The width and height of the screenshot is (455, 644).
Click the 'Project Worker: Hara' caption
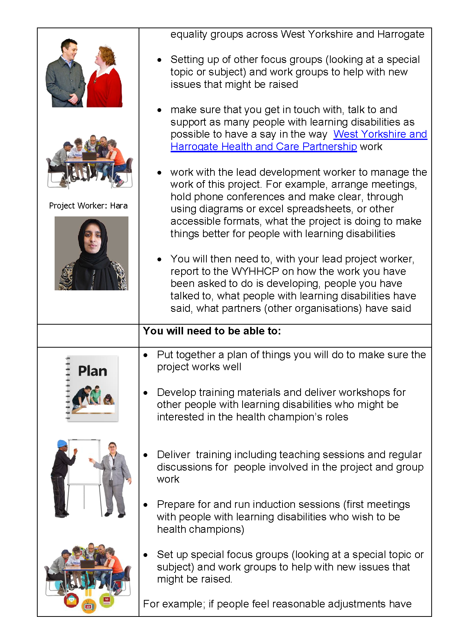point(88,206)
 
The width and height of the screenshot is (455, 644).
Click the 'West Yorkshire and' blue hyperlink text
point(380,134)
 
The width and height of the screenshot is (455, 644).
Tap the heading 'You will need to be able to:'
point(212,331)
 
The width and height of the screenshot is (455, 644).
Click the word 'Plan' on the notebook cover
point(93,371)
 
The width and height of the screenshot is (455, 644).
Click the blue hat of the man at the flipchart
point(62,444)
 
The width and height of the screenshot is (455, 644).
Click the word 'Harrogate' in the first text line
point(401,34)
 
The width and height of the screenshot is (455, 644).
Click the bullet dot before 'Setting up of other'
point(160,60)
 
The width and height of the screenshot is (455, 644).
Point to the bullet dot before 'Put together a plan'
point(146,355)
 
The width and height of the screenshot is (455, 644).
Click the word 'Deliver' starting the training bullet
point(174,455)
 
